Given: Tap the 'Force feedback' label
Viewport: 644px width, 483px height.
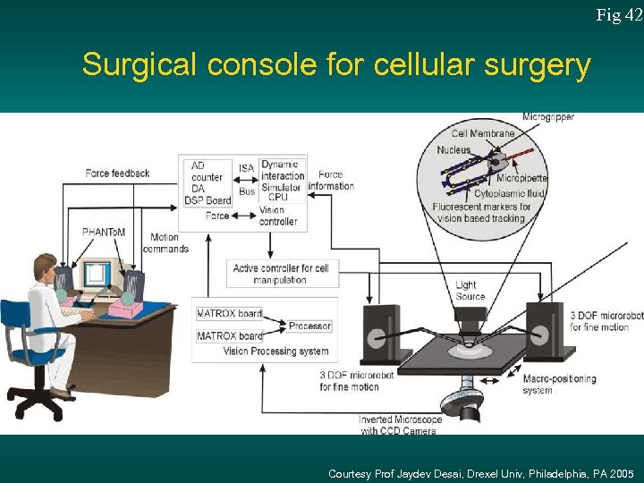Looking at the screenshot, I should (117, 173).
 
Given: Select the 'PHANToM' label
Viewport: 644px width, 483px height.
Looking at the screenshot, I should (104, 232).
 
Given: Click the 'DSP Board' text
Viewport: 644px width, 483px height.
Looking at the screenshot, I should (208, 200).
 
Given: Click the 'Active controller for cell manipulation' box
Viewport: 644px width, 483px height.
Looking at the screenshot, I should (281, 274).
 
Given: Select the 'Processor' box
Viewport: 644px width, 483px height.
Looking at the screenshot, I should (309, 326).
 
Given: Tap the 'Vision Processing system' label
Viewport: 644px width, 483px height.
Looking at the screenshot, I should (276, 352).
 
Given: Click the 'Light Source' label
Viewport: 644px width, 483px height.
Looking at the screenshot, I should (470, 291).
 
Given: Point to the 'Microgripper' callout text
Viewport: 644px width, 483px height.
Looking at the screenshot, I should (547, 117).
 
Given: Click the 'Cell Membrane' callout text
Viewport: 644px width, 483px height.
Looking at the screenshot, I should (482, 133).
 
